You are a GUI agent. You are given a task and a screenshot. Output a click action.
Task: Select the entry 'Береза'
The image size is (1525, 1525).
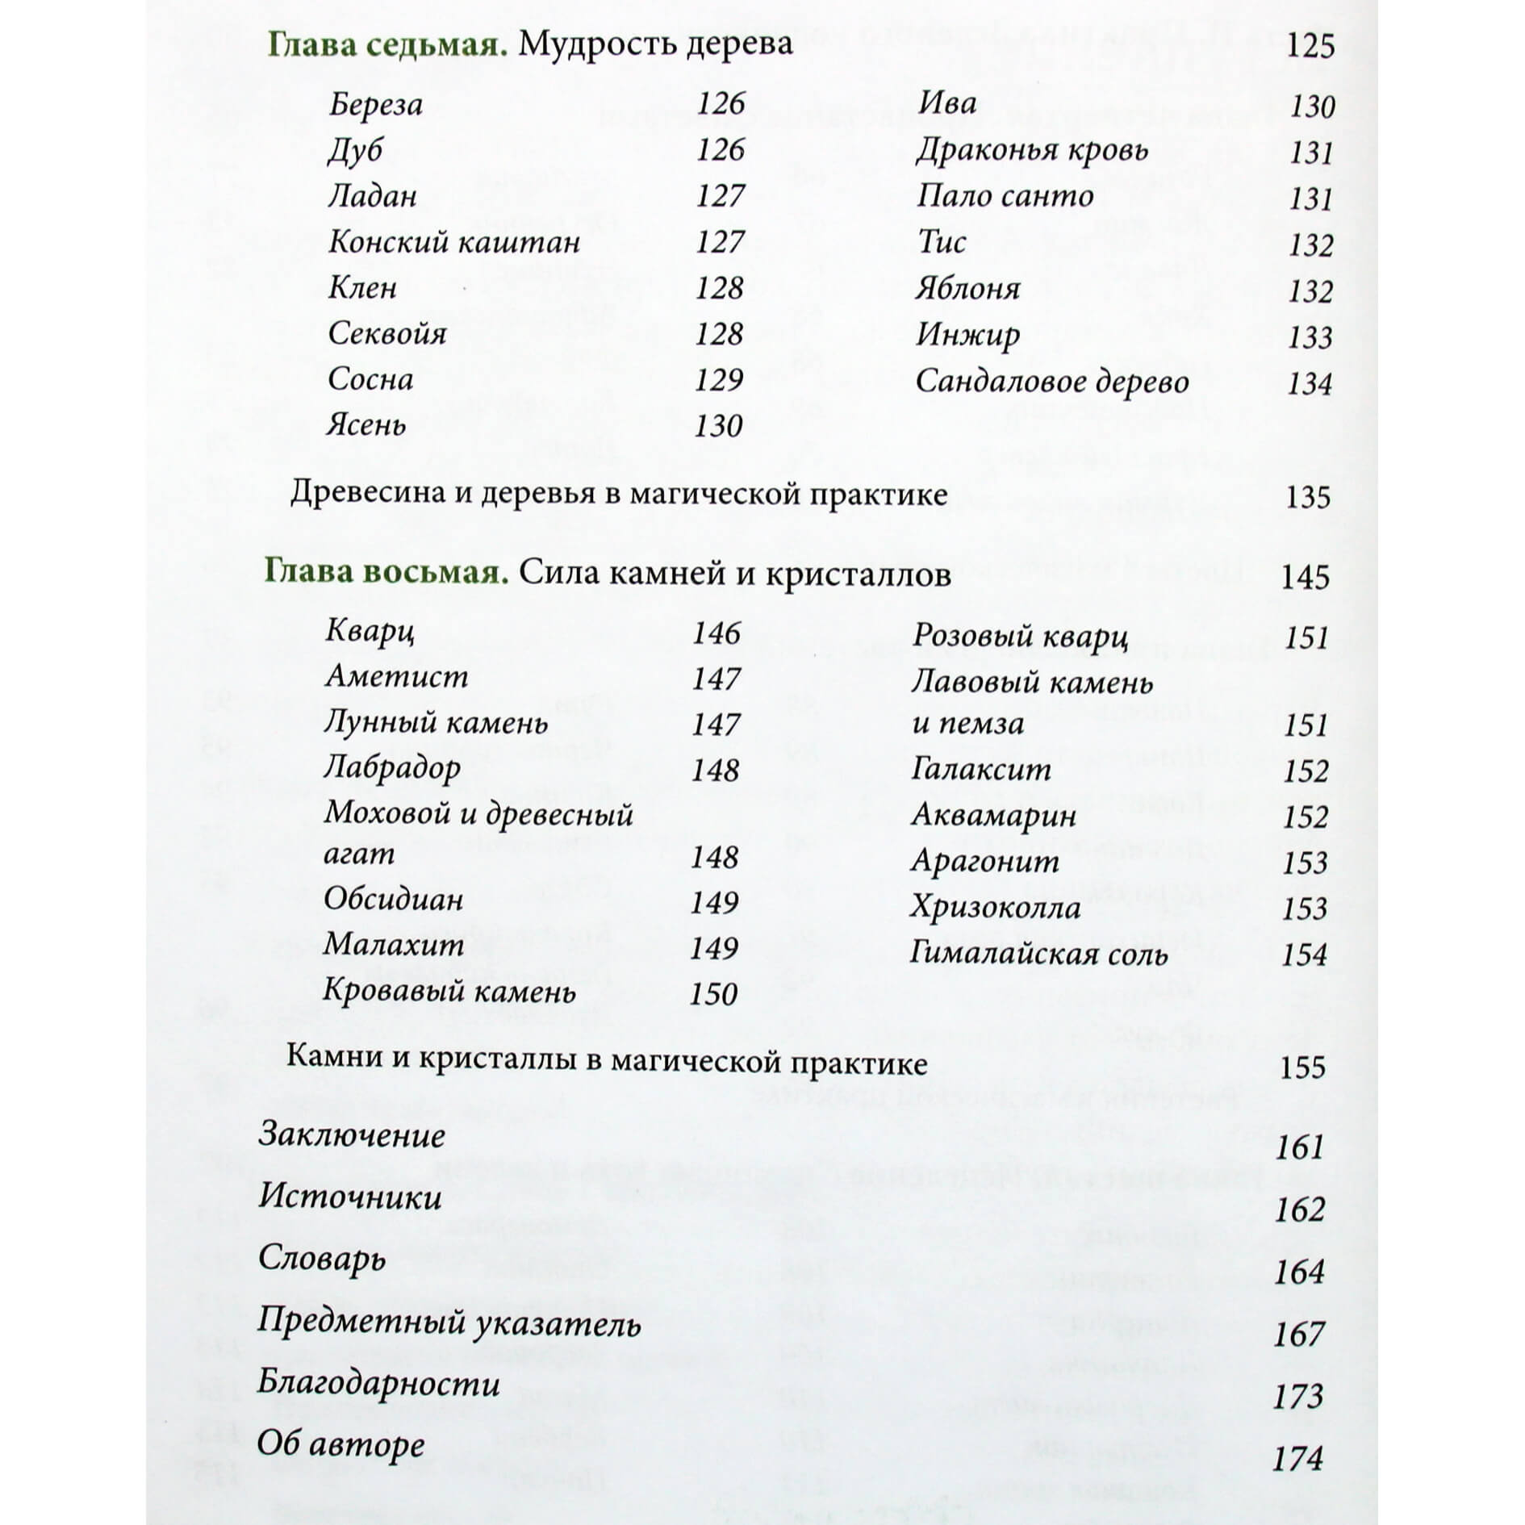[376, 105]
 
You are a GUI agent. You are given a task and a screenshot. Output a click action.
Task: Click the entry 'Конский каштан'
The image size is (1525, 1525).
[454, 242]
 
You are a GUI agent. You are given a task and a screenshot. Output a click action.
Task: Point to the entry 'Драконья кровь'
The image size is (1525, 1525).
[1032, 151]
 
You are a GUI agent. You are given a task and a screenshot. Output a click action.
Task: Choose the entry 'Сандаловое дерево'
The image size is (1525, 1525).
[1052, 382]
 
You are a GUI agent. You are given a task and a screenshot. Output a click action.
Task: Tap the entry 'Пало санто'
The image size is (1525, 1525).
[1005, 197]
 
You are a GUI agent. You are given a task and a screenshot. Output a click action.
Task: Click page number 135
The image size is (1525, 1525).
[1307, 497]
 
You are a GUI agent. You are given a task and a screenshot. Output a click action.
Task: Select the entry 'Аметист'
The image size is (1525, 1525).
[396, 677]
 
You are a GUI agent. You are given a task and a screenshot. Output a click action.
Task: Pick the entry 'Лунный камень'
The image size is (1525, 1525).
[436, 723]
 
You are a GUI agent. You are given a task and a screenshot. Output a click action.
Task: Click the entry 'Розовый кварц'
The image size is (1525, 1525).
[1020, 637]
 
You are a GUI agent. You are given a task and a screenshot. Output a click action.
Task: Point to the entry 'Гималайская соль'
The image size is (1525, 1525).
[1038, 955]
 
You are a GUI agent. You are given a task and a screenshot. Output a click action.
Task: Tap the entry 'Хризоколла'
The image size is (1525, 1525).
[996, 909]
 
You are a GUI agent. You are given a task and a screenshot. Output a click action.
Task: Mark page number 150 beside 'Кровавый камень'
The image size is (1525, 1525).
[714, 994]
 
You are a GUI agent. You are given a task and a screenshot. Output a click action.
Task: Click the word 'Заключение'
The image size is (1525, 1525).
[352, 1136]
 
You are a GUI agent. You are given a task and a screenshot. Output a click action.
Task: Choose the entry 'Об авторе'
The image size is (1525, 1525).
[341, 1444]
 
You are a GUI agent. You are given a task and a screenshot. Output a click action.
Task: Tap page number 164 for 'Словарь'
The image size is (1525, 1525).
[1299, 1272]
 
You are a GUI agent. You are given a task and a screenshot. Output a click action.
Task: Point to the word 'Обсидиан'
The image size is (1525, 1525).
[394, 900]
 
